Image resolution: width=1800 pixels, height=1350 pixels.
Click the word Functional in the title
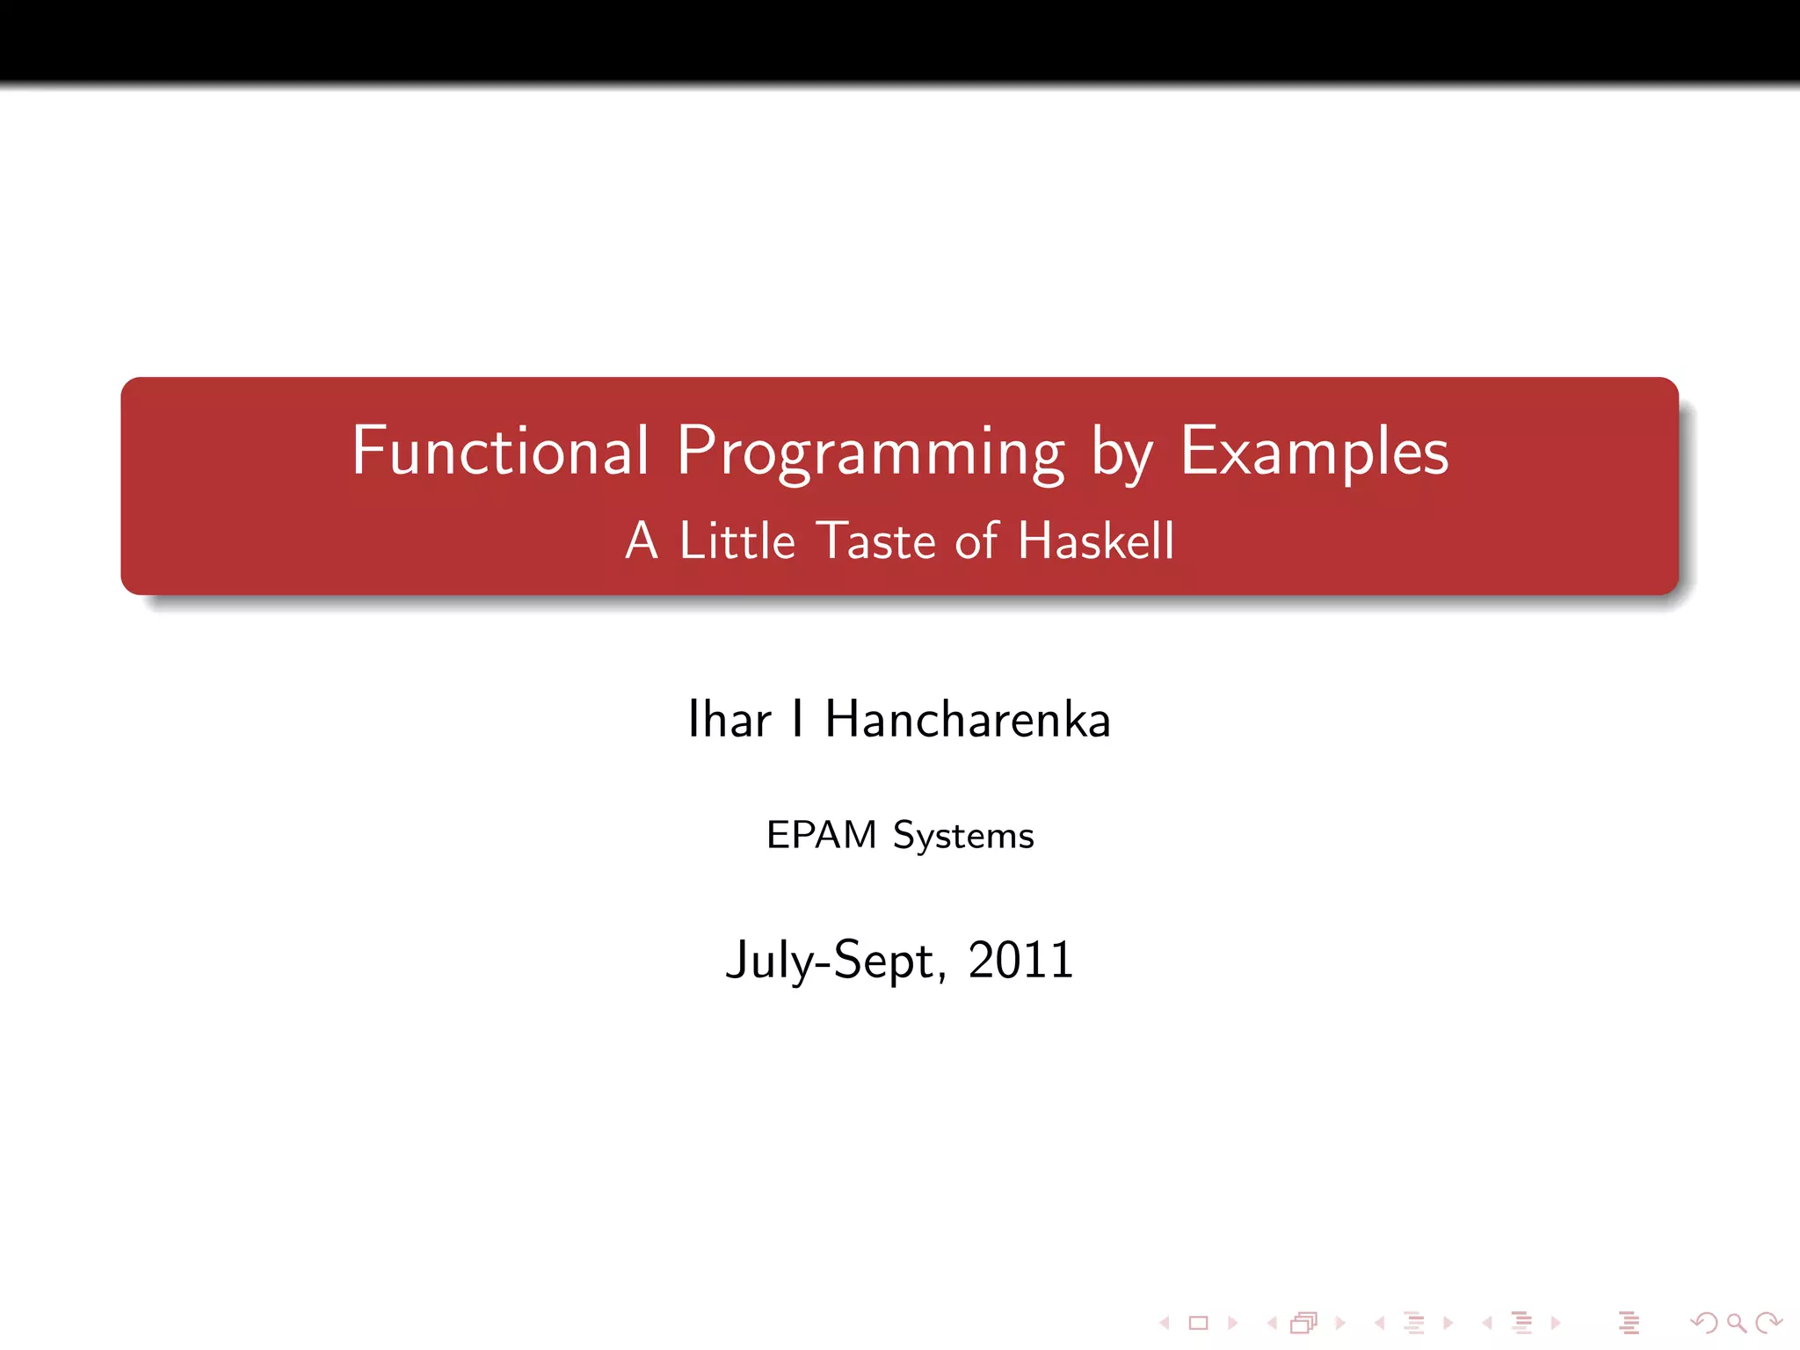(500, 451)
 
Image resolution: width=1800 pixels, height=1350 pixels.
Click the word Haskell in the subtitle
(1096, 541)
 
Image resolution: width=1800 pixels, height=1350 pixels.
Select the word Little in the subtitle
(737, 541)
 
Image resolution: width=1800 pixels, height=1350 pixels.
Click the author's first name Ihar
(729, 720)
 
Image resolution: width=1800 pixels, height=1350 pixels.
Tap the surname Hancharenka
(968, 720)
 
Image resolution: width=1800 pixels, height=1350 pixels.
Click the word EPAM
(822, 835)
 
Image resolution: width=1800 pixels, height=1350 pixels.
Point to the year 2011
(1020, 960)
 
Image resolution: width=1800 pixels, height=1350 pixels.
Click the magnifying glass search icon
(1736, 1323)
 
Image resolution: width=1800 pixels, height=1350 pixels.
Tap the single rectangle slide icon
(1199, 1323)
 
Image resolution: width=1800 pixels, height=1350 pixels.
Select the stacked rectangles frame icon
(1304, 1323)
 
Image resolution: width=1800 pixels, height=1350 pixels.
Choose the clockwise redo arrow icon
(1768, 1323)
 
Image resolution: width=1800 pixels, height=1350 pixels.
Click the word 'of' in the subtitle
(976, 541)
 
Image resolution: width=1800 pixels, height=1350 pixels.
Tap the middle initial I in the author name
(797, 720)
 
